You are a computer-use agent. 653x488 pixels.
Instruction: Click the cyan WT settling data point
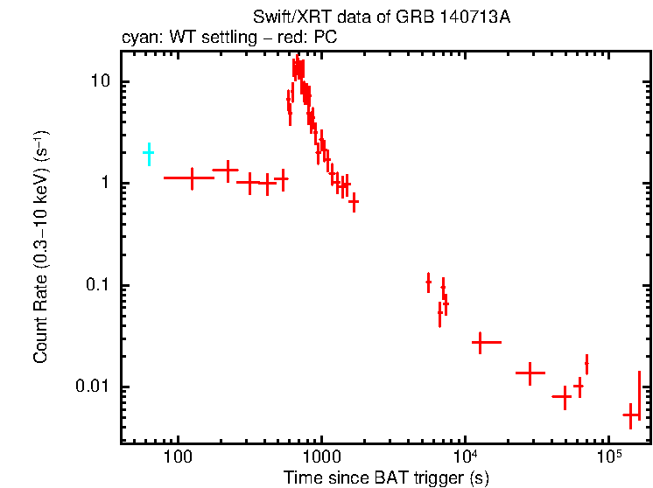click(149, 153)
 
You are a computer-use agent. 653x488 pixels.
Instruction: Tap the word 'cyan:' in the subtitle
click(141, 38)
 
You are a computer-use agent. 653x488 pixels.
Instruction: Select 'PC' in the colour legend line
click(326, 38)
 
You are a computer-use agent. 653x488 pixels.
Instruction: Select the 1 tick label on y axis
click(106, 184)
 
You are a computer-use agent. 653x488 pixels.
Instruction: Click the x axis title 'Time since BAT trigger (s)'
click(386, 478)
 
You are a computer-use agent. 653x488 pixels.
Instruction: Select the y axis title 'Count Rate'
click(41, 245)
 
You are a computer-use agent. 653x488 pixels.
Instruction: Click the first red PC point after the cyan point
click(190, 178)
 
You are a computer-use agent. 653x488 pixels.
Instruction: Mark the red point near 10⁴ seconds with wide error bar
click(480, 343)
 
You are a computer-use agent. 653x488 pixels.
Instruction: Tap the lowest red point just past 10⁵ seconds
click(629, 415)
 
